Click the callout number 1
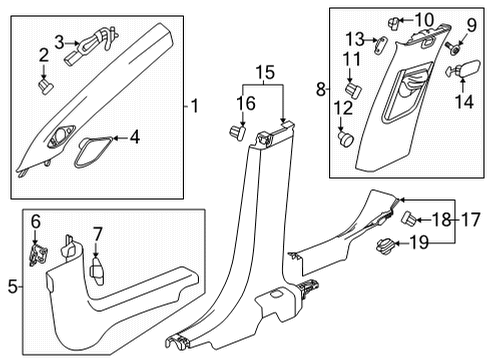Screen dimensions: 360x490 tap(196, 104)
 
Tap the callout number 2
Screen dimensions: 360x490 tap(43, 54)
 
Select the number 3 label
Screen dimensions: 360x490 tap(60, 41)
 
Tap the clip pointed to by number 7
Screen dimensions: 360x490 tap(96, 269)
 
